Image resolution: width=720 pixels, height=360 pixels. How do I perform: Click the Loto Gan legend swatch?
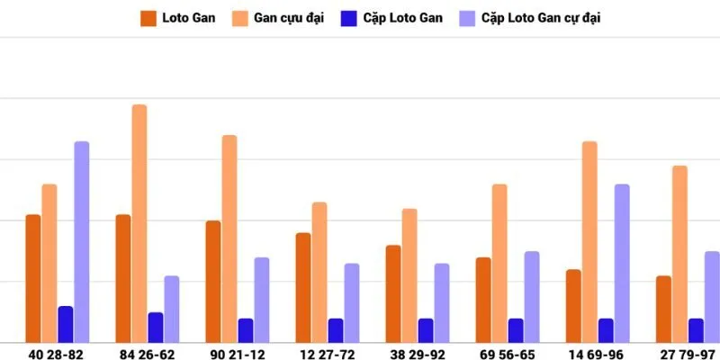(148, 17)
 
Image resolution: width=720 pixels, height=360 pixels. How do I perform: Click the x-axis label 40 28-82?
(56, 355)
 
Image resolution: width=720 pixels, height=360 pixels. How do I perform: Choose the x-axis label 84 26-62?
(146, 355)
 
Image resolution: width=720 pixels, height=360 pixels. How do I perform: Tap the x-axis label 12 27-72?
(326, 355)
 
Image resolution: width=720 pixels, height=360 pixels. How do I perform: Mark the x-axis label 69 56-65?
(506, 355)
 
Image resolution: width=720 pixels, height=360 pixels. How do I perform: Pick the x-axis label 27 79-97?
(686, 355)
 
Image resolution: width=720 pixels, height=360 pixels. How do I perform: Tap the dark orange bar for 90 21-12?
(213, 281)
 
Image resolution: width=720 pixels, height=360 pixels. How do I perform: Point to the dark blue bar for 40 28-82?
(66, 324)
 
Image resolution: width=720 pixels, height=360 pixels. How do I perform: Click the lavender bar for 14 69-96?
(622, 263)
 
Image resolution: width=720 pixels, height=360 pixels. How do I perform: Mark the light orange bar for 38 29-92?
(409, 275)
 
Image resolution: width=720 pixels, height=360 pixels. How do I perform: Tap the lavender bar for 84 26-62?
(172, 309)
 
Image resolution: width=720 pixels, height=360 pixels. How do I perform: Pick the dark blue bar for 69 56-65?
(516, 330)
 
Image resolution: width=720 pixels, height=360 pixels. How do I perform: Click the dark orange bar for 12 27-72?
(303, 287)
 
